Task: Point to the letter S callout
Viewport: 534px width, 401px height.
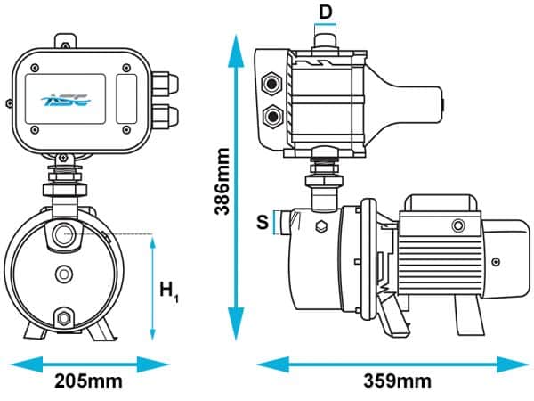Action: point(262,221)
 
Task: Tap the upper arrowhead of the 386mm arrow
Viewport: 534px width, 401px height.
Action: point(236,42)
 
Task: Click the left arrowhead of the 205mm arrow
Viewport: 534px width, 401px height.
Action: point(16,363)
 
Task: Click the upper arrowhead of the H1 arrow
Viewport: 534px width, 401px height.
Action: point(152,243)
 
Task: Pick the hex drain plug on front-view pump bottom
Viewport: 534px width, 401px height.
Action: point(64,318)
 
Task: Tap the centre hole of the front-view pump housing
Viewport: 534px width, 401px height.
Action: point(63,274)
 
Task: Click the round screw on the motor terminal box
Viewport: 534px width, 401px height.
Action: point(459,224)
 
